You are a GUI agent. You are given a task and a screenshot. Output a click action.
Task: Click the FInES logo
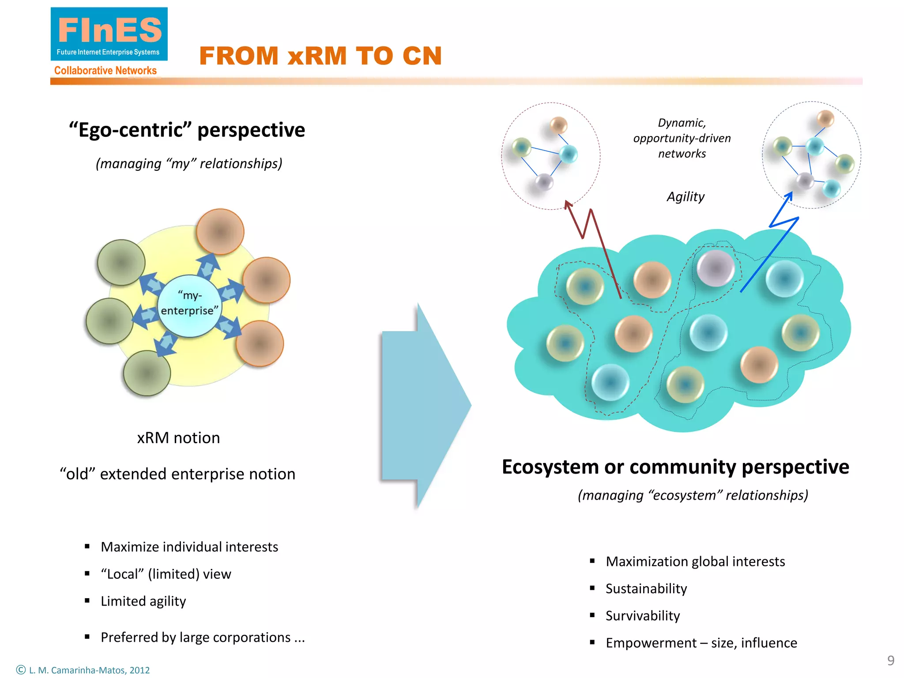[x=109, y=34]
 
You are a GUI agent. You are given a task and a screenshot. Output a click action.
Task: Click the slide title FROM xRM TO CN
[x=320, y=56]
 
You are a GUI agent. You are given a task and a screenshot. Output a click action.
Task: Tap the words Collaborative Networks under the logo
[x=105, y=71]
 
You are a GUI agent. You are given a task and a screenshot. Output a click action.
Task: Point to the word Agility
[x=685, y=196]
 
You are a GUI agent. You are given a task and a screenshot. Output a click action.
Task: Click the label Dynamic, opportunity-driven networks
[x=682, y=138]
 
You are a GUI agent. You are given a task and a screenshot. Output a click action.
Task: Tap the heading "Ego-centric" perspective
[x=187, y=130]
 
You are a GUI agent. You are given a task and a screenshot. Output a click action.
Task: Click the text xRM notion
[x=178, y=438]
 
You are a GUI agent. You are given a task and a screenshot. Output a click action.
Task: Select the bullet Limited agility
[x=143, y=601]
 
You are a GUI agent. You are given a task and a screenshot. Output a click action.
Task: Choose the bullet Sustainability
[x=646, y=589]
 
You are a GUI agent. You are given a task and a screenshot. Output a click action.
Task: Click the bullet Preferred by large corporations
[x=202, y=637]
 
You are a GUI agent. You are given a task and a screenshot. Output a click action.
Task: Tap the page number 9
[x=891, y=660]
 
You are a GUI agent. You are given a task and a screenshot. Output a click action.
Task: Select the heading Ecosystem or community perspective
[x=675, y=467]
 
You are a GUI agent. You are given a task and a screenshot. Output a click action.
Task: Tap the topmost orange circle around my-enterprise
[x=220, y=232]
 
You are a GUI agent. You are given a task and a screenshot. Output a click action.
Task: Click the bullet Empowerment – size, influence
[x=701, y=643]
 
